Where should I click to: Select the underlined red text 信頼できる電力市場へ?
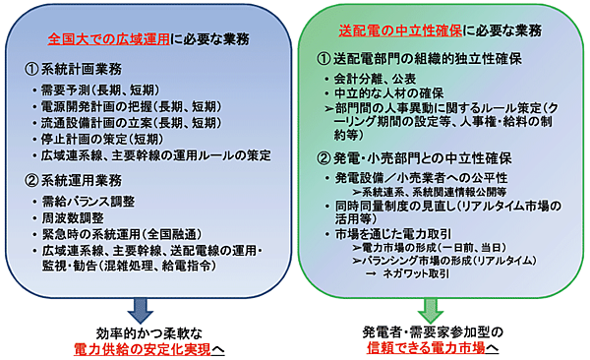pos(434,349)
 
